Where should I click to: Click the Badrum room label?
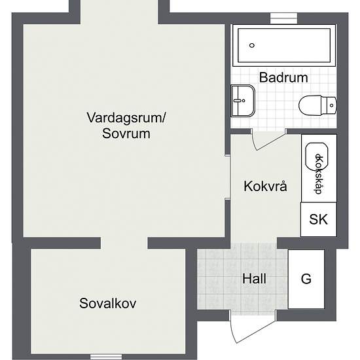click(283, 78)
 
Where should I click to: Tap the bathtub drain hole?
click(252, 45)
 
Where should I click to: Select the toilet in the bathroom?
click(317, 105)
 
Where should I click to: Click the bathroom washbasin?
click(243, 101)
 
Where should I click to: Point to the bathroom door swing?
click(268, 141)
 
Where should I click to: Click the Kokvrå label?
click(265, 186)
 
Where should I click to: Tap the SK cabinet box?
click(319, 219)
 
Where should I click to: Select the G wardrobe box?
click(306, 279)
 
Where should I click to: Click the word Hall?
click(254, 279)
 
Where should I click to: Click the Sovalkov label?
click(108, 303)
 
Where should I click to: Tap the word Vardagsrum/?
click(126, 118)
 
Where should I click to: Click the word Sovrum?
click(126, 134)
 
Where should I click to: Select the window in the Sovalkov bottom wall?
click(106, 357)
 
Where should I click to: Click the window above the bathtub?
click(283, 18)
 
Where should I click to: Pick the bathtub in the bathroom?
click(284, 45)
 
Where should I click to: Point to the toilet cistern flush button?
click(332, 105)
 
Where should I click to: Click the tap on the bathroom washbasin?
click(239, 100)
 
